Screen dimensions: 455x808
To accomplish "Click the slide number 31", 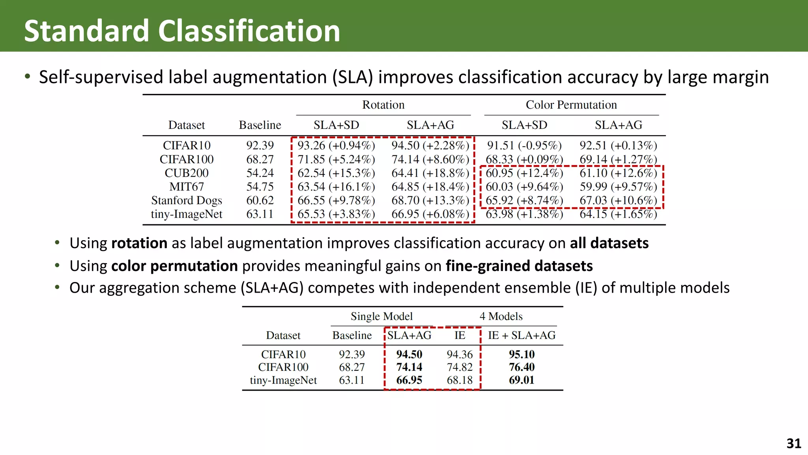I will tap(793, 444).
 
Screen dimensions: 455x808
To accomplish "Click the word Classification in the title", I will tap(249, 31).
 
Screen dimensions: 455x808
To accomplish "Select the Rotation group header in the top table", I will tap(383, 105).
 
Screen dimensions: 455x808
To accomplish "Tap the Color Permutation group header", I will tap(571, 105).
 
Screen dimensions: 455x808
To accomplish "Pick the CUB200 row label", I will tap(186, 173).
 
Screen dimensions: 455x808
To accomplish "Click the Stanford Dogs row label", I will tap(186, 201).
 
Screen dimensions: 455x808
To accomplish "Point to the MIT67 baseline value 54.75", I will tap(260, 187).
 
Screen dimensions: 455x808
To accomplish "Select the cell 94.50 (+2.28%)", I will tap(430, 146).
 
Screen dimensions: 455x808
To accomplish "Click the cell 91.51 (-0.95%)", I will tap(524, 146).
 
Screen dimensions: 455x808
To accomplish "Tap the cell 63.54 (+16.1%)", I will tap(336, 187).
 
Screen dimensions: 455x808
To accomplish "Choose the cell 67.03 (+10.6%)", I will tap(618, 201).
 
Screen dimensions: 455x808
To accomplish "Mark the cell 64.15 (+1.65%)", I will tap(618, 214).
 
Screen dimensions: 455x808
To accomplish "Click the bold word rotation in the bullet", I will tap(139, 243).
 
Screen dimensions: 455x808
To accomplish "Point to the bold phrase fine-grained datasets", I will tap(519, 266).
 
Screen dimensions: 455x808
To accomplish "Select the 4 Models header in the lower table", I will tap(501, 316).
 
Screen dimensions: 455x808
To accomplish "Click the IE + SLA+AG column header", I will tap(522, 335).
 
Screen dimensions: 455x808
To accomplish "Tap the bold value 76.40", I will tap(522, 367).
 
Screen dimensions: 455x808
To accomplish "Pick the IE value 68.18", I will tap(460, 380).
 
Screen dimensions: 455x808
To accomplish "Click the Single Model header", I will tap(382, 316).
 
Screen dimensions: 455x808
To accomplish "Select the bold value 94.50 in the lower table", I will tap(409, 354).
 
